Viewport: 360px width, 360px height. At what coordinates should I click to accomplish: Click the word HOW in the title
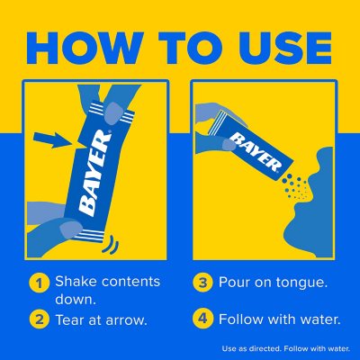(x=85, y=49)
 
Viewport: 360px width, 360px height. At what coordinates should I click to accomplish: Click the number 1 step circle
(x=40, y=283)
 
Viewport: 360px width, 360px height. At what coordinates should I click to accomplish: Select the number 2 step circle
(x=40, y=319)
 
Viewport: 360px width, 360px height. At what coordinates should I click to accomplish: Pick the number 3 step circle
(x=202, y=283)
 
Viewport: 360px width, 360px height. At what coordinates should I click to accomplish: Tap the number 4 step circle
(x=202, y=319)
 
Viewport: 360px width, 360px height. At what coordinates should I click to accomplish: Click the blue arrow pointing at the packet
(x=53, y=139)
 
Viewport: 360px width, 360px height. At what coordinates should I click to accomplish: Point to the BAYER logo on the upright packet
(x=94, y=174)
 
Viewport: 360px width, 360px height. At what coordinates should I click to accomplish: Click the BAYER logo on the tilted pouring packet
(x=256, y=153)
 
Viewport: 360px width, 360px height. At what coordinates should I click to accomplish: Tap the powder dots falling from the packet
(x=296, y=186)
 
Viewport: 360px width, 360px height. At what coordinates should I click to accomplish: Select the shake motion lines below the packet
(x=111, y=245)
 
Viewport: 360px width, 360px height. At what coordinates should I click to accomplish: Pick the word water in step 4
(x=322, y=319)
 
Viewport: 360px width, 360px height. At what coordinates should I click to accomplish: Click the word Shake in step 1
(x=76, y=282)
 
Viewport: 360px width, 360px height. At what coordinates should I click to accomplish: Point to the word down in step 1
(x=76, y=299)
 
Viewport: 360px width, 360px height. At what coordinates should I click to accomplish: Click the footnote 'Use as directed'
(x=251, y=348)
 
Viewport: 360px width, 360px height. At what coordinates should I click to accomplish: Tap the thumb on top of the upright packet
(x=114, y=113)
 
